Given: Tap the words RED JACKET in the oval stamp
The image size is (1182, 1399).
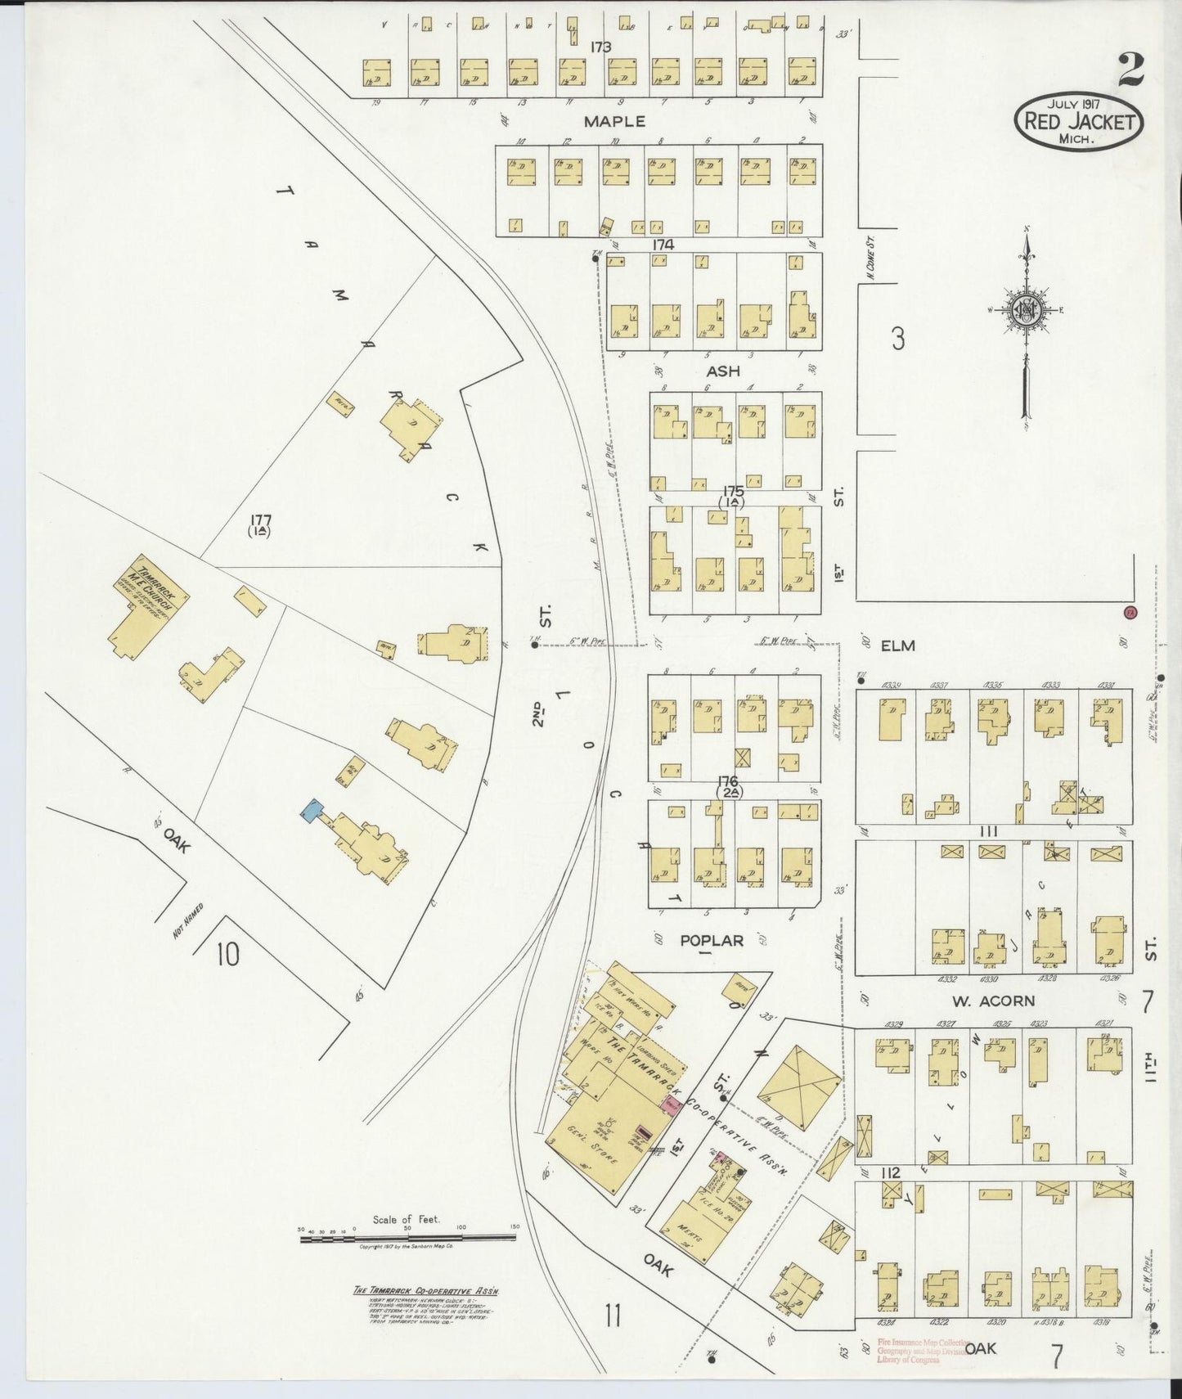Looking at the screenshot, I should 1078,123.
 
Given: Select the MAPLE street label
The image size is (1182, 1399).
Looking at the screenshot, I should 614,121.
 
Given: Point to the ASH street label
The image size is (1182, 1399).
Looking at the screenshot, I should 723,371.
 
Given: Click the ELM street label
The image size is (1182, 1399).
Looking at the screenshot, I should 897,646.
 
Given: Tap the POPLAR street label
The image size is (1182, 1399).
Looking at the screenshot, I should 712,941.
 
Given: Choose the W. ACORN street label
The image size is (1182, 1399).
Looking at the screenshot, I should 993,1001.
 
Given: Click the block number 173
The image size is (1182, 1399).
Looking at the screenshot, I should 600,47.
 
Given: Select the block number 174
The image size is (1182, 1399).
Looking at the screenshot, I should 663,245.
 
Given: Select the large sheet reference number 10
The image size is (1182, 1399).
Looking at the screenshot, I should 228,954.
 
